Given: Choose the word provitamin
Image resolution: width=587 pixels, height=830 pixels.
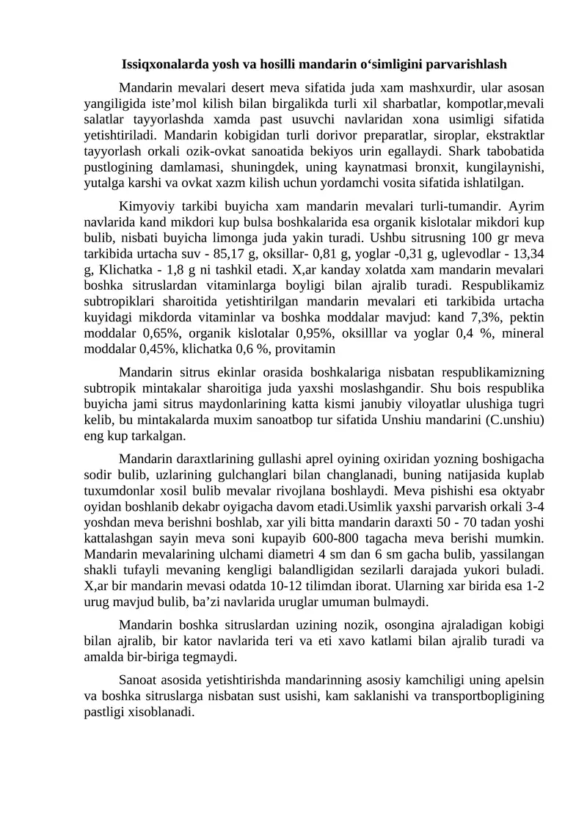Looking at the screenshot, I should click(x=304, y=350).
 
